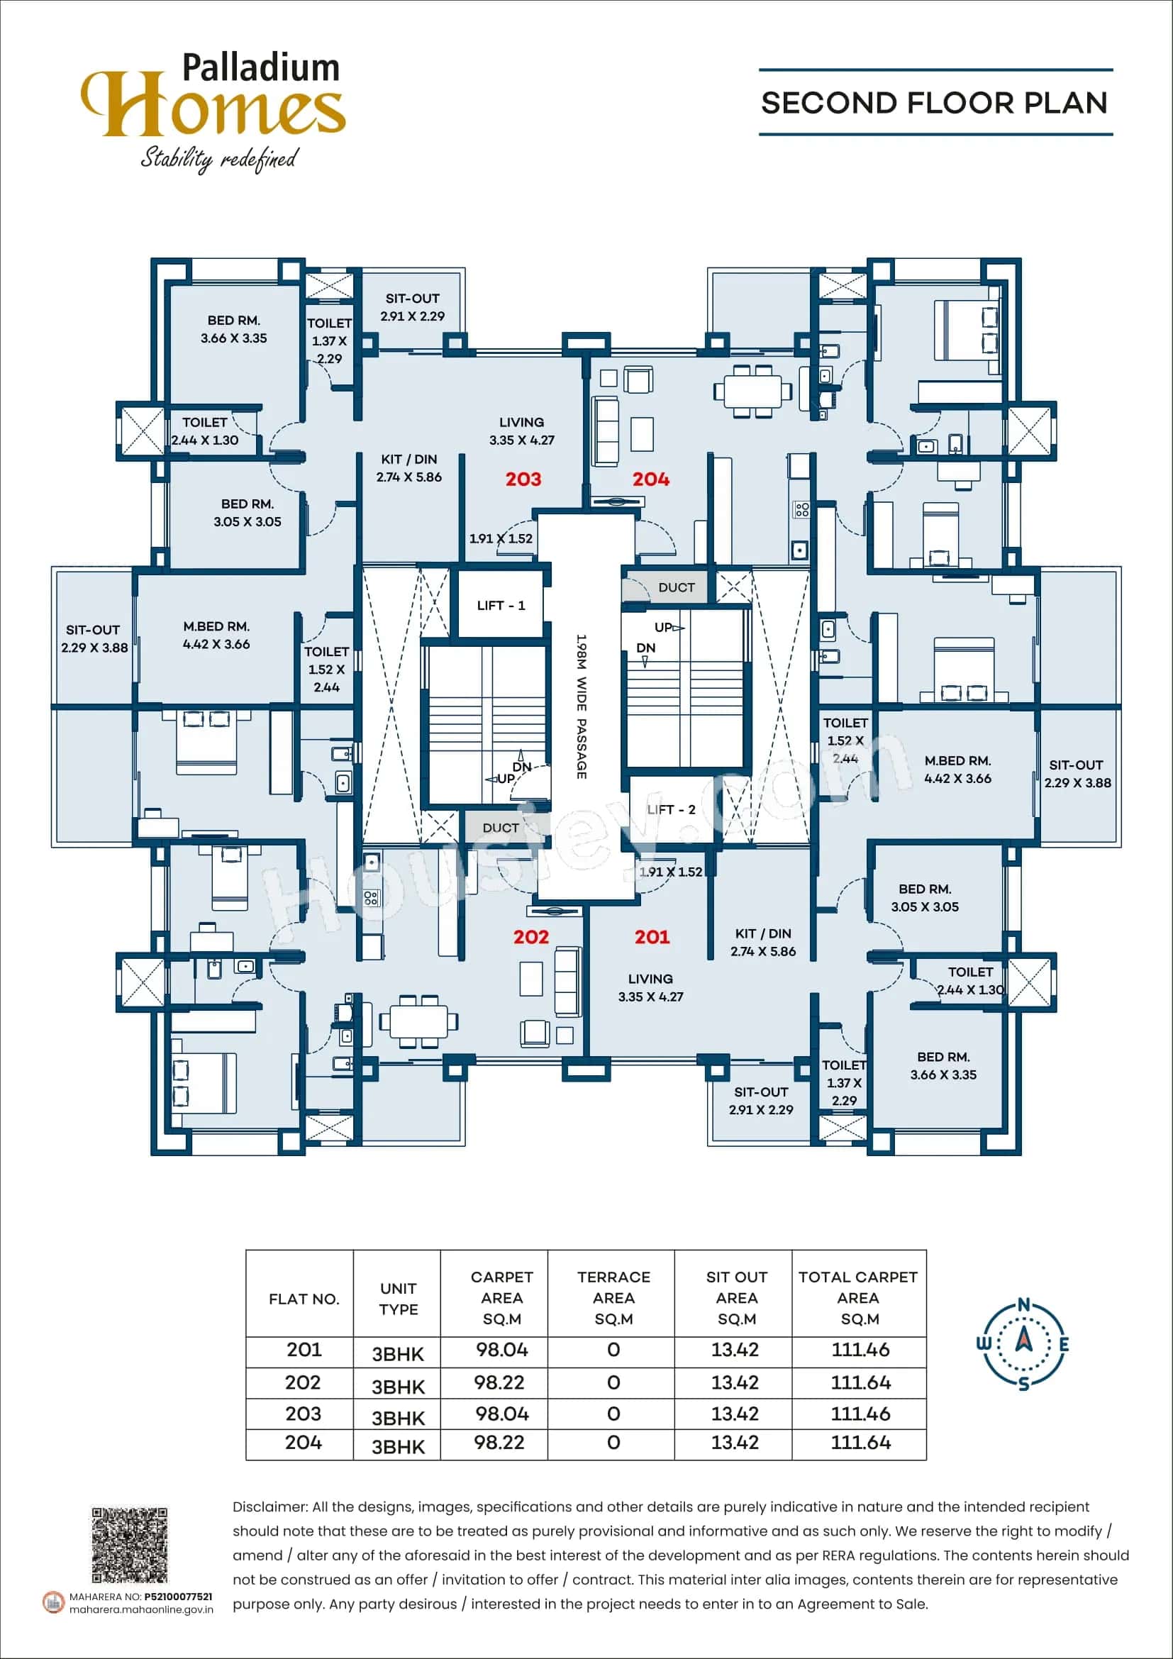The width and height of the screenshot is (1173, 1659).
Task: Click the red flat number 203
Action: click(523, 479)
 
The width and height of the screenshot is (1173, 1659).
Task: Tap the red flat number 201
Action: click(652, 937)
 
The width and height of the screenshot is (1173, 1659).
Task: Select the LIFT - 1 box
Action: click(501, 606)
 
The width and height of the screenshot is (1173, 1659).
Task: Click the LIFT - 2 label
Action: click(671, 809)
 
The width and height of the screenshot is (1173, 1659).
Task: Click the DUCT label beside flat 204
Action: click(676, 587)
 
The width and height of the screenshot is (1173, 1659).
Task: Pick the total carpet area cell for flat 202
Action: click(860, 1382)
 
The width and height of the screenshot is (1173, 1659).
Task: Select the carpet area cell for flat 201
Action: click(501, 1350)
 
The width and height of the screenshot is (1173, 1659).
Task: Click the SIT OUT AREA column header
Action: click(736, 1298)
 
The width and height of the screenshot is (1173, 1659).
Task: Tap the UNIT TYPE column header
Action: click(398, 1299)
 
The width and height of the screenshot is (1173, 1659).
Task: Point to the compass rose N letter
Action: click(1023, 1305)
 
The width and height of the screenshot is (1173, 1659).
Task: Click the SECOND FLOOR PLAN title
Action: click(934, 104)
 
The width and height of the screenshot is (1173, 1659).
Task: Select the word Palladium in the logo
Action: click(261, 69)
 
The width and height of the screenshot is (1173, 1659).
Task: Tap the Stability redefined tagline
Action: click(218, 157)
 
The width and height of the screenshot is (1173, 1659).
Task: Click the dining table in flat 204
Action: click(752, 391)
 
